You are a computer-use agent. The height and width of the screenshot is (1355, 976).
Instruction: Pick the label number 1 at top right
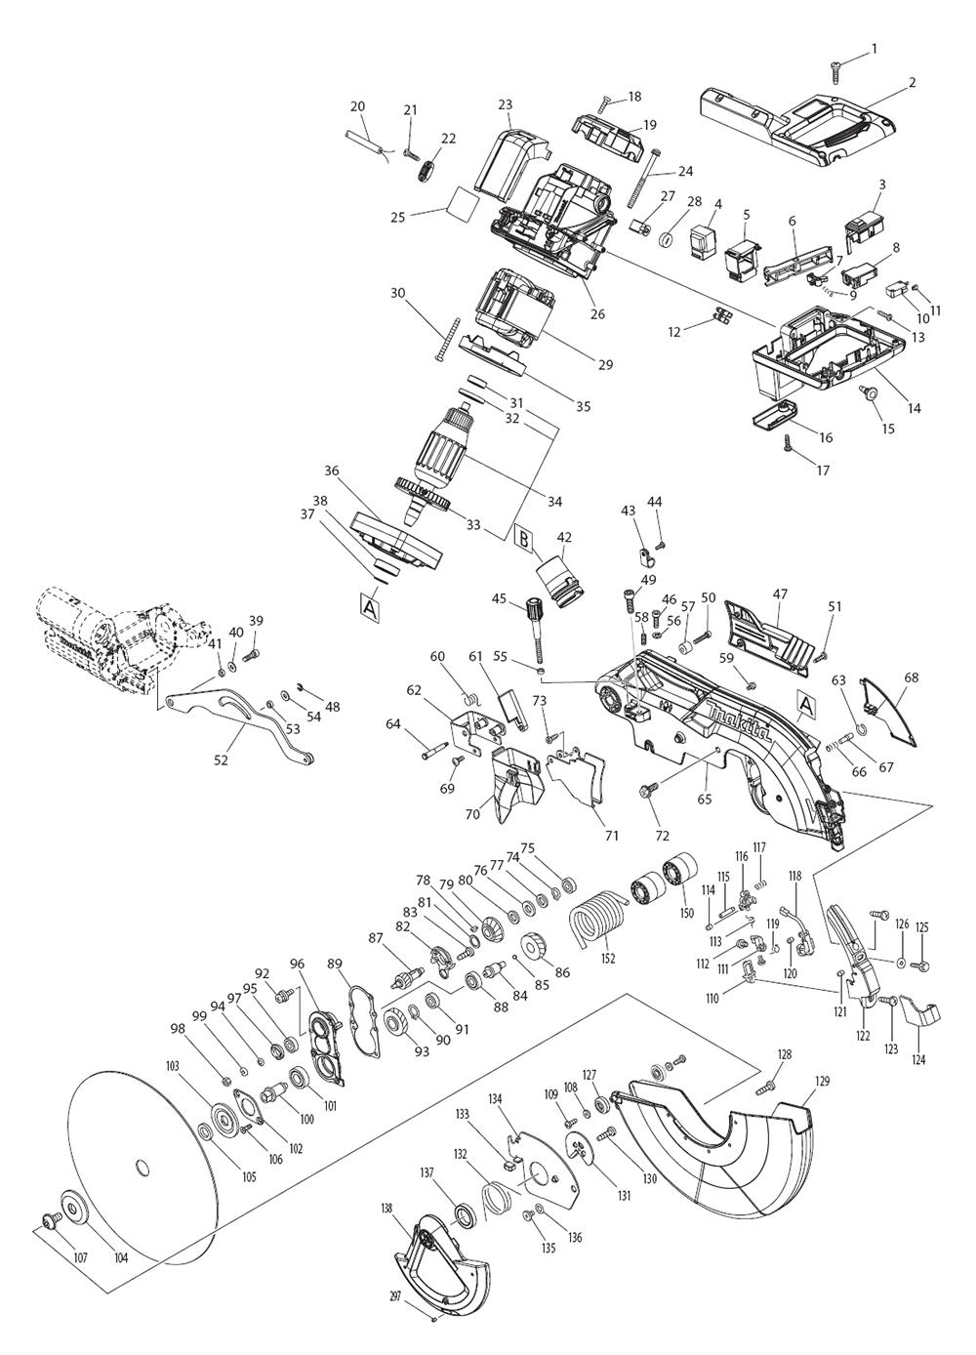pyautogui.click(x=874, y=21)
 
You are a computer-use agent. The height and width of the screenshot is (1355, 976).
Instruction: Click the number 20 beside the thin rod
pyautogui.click(x=357, y=106)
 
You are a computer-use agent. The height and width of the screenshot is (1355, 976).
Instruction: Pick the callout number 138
pyautogui.click(x=386, y=1208)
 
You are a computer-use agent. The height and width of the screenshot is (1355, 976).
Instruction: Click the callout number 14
pyautogui.click(x=914, y=408)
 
